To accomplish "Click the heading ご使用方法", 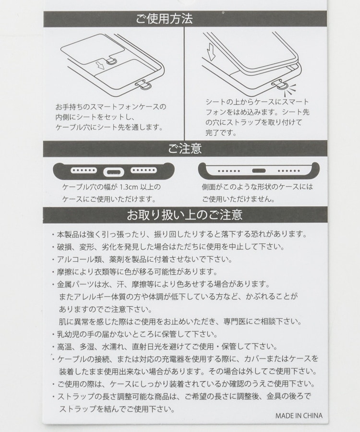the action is [164, 19].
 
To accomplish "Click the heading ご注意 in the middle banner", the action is [185, 148].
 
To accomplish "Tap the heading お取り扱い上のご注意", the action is [184, 215].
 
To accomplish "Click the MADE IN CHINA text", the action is [299, 416].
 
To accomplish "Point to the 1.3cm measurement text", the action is [129, 187].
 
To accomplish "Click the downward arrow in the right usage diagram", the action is [211, 52].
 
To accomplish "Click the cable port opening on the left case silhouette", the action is [113, 172].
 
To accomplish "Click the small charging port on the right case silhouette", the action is [259, 170].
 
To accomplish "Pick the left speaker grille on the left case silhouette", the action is [84, 170].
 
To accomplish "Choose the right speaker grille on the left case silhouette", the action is [144, 170].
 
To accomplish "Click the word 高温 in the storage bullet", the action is [64, 347].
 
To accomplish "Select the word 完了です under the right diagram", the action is [220, 133].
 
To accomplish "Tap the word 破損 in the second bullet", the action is [64, 247].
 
